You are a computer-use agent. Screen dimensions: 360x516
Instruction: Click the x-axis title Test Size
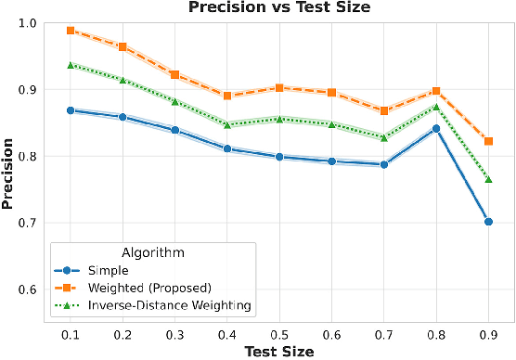278,351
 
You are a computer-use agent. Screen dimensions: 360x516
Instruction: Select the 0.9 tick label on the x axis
488,332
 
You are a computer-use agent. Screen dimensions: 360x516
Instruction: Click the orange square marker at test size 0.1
71,31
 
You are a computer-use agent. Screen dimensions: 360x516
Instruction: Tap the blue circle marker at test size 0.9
488,222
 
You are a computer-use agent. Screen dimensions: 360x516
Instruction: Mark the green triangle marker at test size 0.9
488,178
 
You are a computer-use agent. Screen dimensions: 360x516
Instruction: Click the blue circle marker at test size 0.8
436,129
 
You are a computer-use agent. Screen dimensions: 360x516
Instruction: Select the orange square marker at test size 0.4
227,96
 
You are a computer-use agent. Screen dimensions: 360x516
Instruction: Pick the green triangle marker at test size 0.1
71,65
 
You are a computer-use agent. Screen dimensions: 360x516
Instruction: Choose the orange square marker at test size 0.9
488,141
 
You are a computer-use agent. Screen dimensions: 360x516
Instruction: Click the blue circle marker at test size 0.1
71,110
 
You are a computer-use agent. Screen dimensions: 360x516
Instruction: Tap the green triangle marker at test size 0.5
279,119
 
